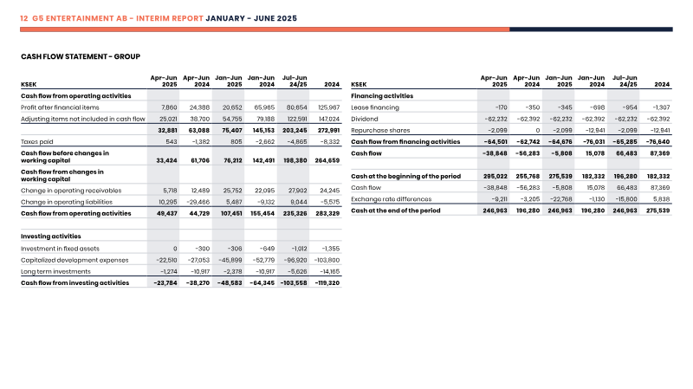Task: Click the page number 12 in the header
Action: click(x=24, y=18)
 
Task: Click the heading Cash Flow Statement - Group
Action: click(x=81, y=56)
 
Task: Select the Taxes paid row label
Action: click(x=36, y=142)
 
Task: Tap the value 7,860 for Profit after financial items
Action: click(x=169, y=107)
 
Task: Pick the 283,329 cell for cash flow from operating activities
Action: click(x=327, y=213)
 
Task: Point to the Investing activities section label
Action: click(x=51, y=237)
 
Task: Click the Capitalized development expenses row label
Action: click(x=74, y=261)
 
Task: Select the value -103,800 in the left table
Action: click(x=327, y=261)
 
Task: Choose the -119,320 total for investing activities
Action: click(x=327, y=283)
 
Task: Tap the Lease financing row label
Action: click(x=375, y=107)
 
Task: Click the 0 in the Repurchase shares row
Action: click(x=537, y=131)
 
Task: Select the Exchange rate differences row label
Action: click(x=392, y=199)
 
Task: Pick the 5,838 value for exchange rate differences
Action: click(x=662, y=199)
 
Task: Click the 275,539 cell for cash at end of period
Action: click(x=657, y=211)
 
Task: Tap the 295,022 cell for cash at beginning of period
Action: click(x=495, y=177)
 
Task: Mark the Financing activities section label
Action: click(x=382, y=96)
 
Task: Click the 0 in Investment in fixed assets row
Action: click(x=175, y=249)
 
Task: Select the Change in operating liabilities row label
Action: click(x=67, y=202)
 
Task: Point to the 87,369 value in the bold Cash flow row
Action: click(x=661, y=153)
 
